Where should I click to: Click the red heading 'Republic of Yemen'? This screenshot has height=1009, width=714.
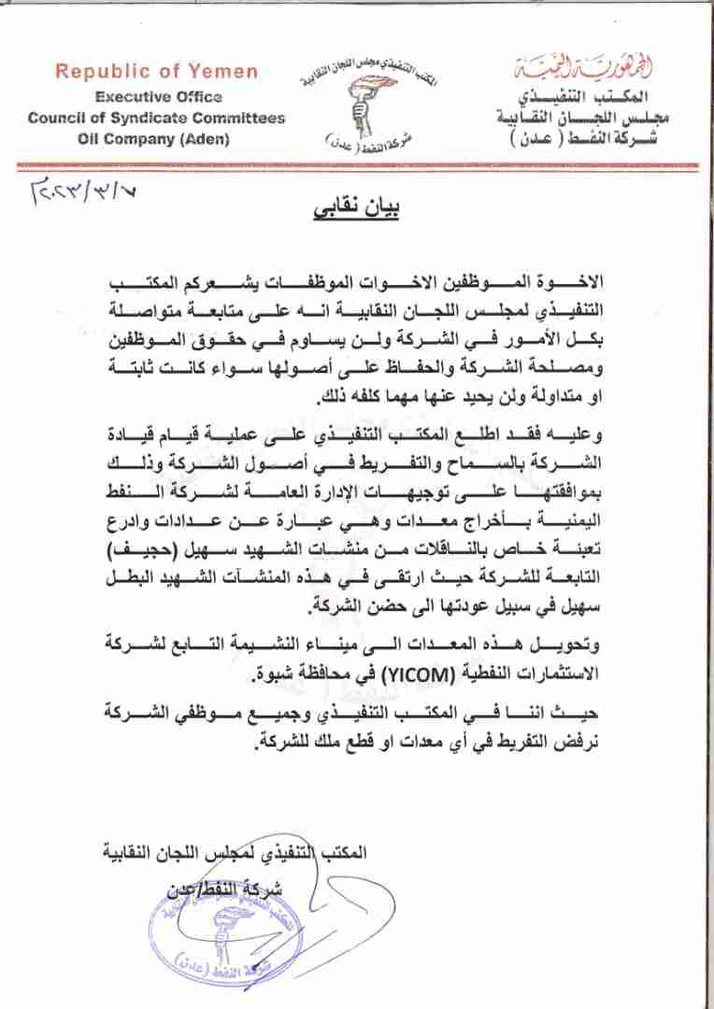[x=156, y=72]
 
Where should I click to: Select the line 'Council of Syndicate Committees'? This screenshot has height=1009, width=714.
[x=156, y=119]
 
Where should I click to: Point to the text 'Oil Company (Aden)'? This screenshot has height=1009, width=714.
[x=156, y=140]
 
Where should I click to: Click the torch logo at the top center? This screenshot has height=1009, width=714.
[x=359, y=105]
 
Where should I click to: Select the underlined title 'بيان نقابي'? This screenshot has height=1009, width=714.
[x=358, y=209]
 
